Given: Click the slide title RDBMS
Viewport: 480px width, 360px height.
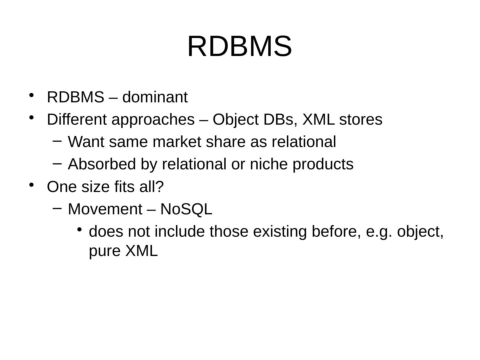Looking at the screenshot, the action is [x=240, y=46].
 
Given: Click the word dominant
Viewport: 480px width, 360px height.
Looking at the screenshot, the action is [x=155, y=98].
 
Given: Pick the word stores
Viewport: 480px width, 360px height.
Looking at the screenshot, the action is [x=361, y=119].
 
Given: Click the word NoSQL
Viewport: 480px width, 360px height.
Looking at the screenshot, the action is [x=186, y=209].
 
